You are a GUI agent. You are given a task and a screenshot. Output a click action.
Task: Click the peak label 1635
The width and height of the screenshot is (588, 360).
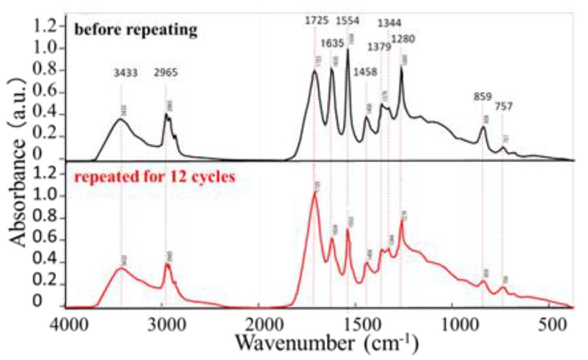[333, 43]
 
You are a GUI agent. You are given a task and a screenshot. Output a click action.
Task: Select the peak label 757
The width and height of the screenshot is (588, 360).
[503, 107]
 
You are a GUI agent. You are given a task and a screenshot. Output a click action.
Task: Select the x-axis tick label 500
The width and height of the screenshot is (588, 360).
[548, 324]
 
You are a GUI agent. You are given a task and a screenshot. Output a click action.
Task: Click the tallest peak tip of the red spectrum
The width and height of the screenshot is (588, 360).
[315, 192]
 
